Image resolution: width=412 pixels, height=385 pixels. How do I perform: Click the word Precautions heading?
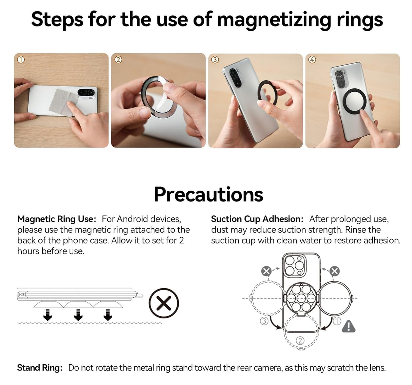tap(208, 194)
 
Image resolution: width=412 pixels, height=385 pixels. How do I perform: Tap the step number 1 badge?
tap(21, 60)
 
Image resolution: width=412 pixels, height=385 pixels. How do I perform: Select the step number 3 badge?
tap(215, 60)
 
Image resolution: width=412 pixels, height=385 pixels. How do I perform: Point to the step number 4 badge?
tap(312, 60)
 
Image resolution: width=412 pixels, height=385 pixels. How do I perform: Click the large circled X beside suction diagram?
tap(164, 303)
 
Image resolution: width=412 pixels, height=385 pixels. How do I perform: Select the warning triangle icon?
tap(349, 327)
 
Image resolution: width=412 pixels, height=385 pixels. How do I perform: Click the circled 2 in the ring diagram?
tap(300, 340)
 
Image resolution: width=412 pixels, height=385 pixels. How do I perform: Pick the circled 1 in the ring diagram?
tap(336, 321)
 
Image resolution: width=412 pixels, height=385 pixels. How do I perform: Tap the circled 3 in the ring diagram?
tap(264, 321)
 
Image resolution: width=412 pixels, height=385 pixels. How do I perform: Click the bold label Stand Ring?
tap(40, 368)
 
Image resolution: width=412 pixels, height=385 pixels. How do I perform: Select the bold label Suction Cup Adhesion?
tap(257, 219)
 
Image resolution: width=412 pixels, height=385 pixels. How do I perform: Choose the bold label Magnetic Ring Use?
tap(57, 219)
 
